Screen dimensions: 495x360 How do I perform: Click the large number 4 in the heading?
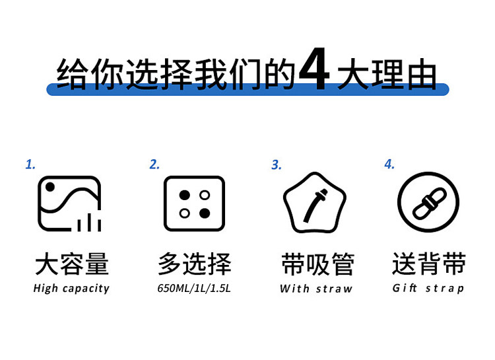(313, 71)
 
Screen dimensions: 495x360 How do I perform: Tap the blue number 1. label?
(30, 164)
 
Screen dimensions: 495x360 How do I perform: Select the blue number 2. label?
(154, 164)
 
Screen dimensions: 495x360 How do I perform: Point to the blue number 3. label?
(277, 164)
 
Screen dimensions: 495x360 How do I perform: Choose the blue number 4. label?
(389, 164)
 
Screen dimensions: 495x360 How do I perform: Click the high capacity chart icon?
(69, 203)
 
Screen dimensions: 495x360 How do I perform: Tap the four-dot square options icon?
(194, 203)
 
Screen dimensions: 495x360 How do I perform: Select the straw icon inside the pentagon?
(315, 204)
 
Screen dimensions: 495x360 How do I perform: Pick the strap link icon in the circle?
(428, 203)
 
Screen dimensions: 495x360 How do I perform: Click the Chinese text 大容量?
(71, 265)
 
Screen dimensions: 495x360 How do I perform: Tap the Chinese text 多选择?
(195, 264)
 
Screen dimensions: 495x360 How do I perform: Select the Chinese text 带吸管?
(317, 265)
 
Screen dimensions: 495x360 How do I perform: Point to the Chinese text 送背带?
(429, 264)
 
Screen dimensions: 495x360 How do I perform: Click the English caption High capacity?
(71, 289)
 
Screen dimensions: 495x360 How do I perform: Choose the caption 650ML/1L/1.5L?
(194, 289)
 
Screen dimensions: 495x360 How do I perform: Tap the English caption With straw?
(316, 289)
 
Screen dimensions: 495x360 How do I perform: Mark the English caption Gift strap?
(428, 288)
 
